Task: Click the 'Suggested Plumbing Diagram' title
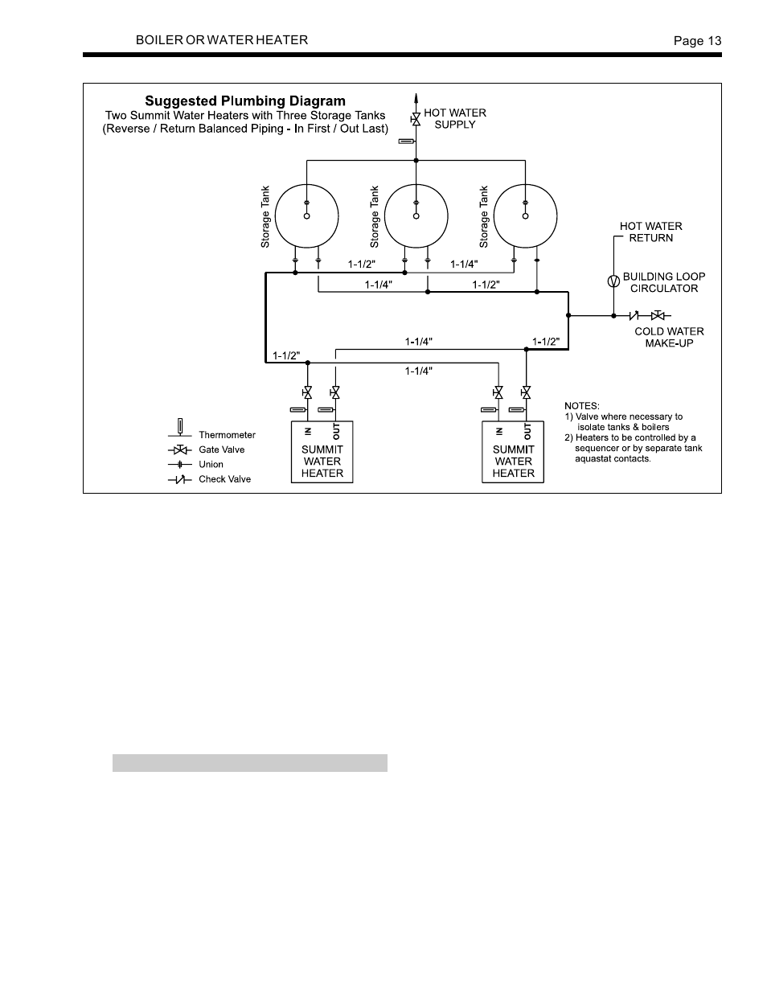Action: tap(244, 101)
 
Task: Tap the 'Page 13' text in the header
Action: tap(697, 41)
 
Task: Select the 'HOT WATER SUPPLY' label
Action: tap(454, 118)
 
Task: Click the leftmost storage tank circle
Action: tap(306, 215)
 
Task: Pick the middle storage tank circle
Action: tap(416, 215)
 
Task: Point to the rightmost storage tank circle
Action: tap(525, 215)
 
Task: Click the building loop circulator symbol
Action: tap(613, 281)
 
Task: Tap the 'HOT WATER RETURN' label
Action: tap(650, 232)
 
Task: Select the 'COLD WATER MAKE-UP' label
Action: tap(669, 337)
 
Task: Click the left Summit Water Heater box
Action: tap(322, 452)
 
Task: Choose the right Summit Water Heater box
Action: tap(513, 452)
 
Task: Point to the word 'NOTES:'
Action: tap(581, 406)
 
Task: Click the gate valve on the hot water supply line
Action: tap(416, 119)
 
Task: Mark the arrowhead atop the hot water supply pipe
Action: tap(416, 98)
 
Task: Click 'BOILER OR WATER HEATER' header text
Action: tap(221, 40)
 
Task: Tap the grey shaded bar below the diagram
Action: tap(249, 762)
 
